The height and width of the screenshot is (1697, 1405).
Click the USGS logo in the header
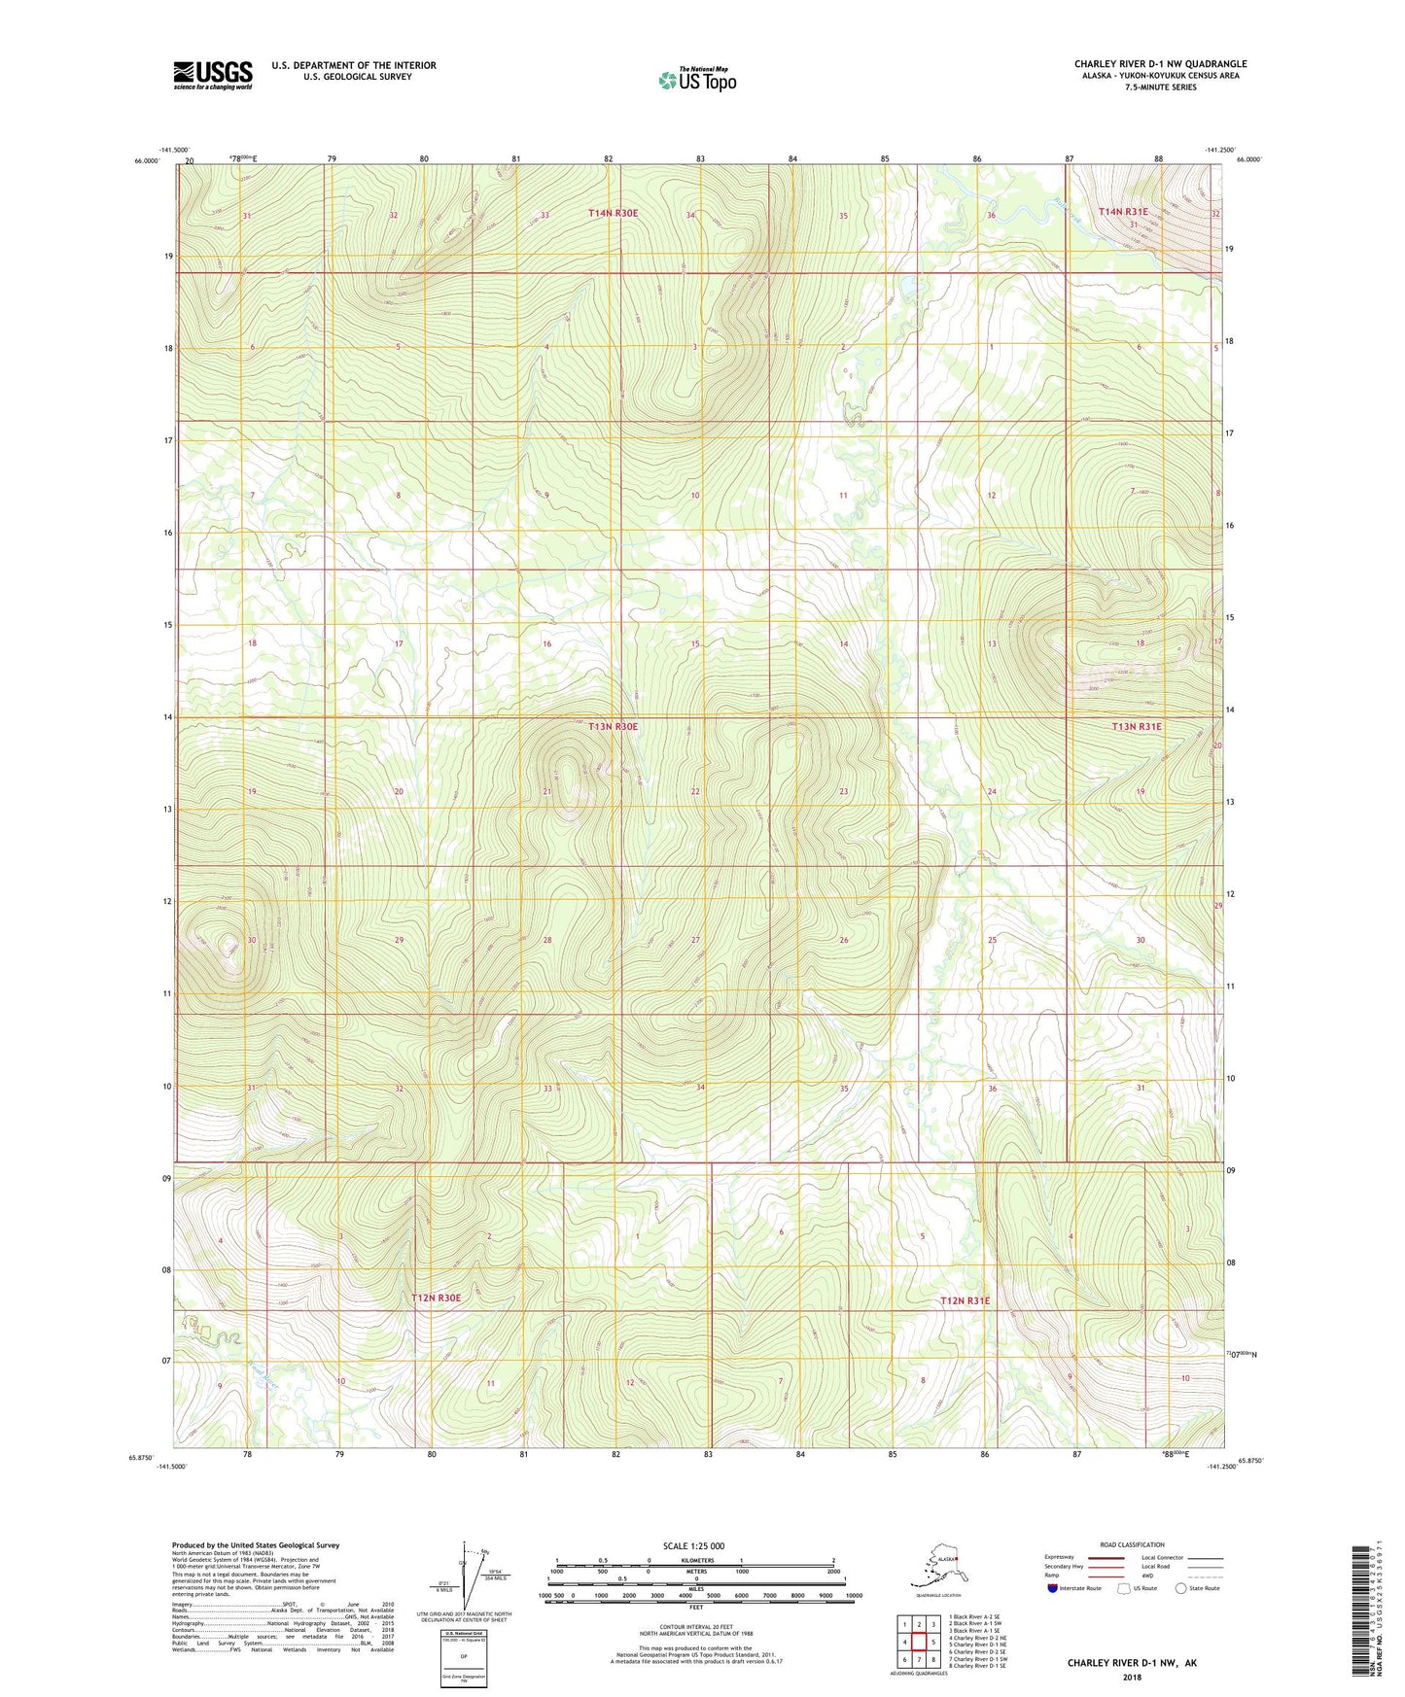pyautogui.click(x=212, y=75)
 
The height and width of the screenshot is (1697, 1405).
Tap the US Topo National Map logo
pyautogui.click(x=696, y=80)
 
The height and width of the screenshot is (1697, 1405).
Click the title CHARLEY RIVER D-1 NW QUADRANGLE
pyautogui.click(x=1160, y=64)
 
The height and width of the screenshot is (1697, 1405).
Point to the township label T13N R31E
pyautogui.click(x=1137, y=726)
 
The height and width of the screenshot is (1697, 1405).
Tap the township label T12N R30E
pyautogui.click(x=435, y=1298)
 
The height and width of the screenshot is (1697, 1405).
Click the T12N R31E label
pyautogui.click(x=965, y=1300)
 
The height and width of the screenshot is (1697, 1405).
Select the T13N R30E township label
pyautogui.click(x=613, y=726)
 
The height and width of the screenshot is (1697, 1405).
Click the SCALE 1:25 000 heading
pyautogui.click(x=694, y=1545)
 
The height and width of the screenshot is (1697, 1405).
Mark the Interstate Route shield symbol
pyautogui.click(x=1052, y=1588)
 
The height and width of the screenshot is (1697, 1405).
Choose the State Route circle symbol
pyautogui.click(x=1180, y=1588)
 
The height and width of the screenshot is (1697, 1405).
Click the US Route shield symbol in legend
pyautogui.click(x=1125, y=1588)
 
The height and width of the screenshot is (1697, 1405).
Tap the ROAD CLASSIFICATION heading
pyautogui.click(x=1132, y=1544)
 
